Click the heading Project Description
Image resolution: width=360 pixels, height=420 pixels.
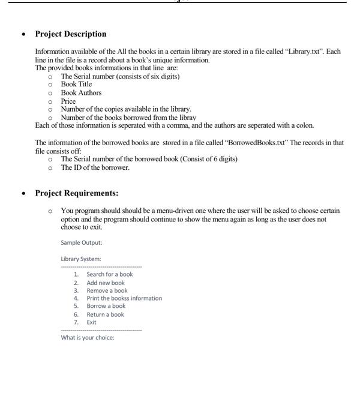71,34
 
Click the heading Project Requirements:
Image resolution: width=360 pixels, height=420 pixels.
76,193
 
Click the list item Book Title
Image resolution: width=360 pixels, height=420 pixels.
76,85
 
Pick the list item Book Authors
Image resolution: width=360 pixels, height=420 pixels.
81,93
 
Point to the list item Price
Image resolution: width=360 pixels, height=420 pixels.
69,101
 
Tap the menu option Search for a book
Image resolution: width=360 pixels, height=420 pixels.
109,274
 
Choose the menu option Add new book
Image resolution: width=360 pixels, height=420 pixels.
106,283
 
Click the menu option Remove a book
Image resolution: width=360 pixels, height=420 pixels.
107,290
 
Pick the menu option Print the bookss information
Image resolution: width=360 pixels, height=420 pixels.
124,298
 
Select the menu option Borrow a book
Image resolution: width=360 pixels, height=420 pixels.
106,306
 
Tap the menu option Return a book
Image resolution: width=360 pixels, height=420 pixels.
106,314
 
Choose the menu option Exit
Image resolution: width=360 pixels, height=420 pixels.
92,322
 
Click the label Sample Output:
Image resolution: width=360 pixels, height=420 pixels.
82,243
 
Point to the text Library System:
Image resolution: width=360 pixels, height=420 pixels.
81,259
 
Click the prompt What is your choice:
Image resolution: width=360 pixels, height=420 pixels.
88,337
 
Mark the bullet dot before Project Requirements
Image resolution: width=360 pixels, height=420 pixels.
23,194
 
